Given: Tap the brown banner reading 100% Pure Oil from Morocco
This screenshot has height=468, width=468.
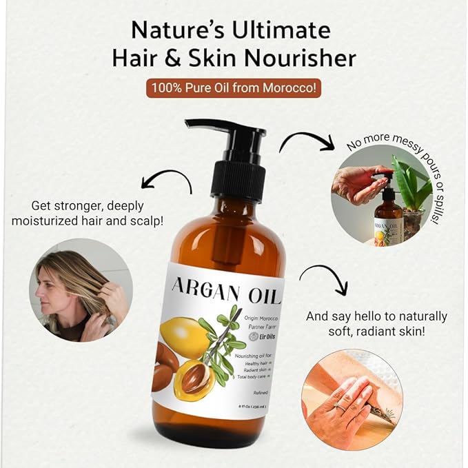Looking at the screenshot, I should [233, 88].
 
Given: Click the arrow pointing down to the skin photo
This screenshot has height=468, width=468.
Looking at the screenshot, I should [325, 279].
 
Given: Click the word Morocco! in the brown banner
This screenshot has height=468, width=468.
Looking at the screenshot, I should [295, 88].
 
